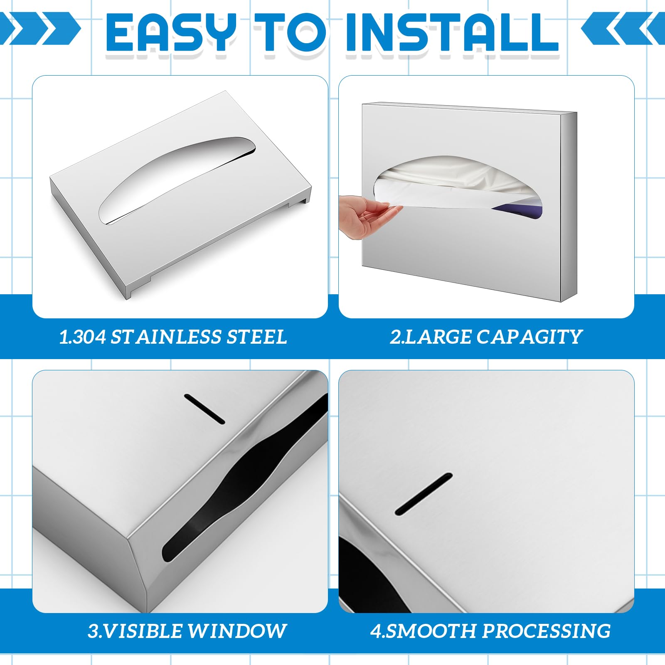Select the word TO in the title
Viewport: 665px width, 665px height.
[x=291, y=32]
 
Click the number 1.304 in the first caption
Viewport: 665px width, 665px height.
[x=83, y=337]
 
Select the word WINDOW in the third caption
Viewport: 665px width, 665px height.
[x=237, y=631]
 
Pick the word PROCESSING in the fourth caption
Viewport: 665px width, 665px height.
[x=546, y=631]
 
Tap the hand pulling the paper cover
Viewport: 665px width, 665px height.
[x=366, y=216]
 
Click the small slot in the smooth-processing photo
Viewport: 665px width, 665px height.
[x=424, y=494]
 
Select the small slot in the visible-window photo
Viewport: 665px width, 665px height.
[x=204, y=409]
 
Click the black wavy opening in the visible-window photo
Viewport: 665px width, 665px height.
[x=245, y=478]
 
